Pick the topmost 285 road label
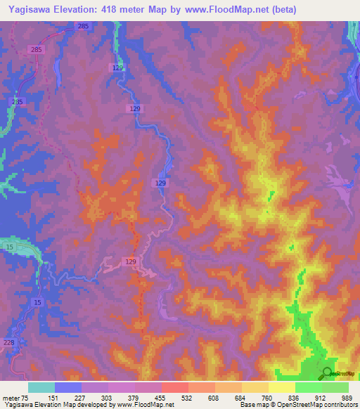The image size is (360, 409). point(83,26)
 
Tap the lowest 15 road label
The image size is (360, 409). point(37,301)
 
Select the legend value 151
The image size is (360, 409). point(53,398)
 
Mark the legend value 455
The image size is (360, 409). point(161,398)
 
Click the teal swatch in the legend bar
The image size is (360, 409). point(41,387)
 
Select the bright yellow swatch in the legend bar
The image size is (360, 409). point(281,387)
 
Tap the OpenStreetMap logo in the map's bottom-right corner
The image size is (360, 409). point(328,374)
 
